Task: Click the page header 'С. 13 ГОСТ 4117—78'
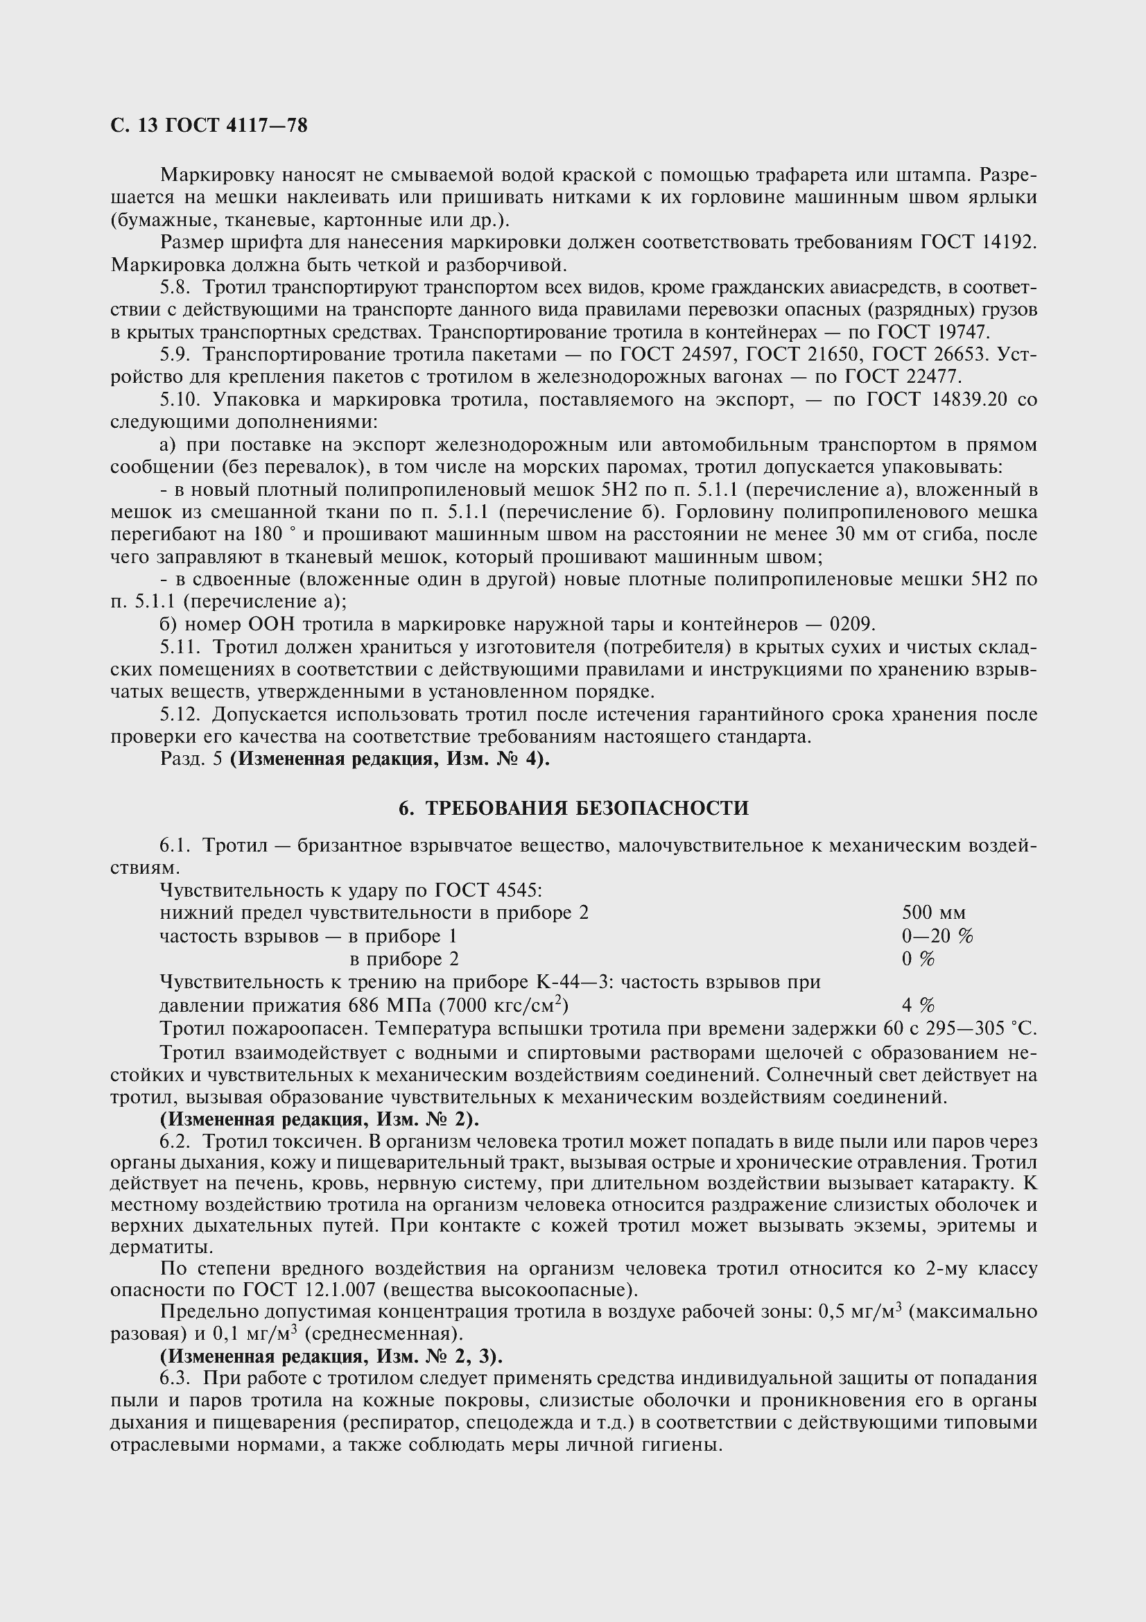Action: click(x=209, y=126)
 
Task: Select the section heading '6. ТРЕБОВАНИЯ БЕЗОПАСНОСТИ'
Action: click(x=573, y=808)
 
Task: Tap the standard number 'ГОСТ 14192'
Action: click(x=978, y=242)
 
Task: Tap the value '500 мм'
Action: click(x=933, y=913)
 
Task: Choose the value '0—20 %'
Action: click(x=937, y=936)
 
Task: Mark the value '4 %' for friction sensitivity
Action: click(x=918, y=1005)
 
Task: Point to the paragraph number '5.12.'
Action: click(x=180, y=714)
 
